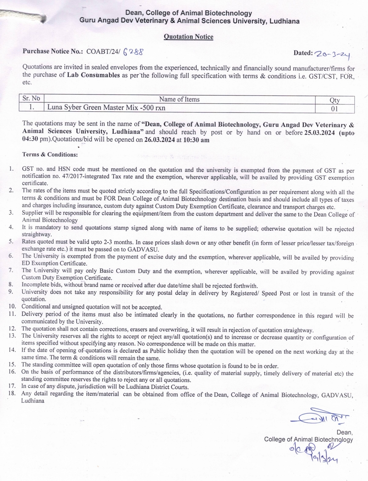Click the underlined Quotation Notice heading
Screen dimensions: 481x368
[188, 37]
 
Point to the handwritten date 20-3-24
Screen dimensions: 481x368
[332, 54]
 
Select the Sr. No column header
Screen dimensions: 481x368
[31, 98]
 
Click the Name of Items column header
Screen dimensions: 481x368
[179, 99]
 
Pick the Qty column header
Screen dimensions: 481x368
[334, 100]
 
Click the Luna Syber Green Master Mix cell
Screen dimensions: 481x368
[106, 107]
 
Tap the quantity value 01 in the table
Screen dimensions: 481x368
[334, 108]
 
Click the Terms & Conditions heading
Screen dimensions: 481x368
[50, 155]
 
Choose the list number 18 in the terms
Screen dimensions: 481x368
[12, 393]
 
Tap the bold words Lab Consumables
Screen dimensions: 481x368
[93, 75]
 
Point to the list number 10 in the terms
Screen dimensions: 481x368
[12, 306]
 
